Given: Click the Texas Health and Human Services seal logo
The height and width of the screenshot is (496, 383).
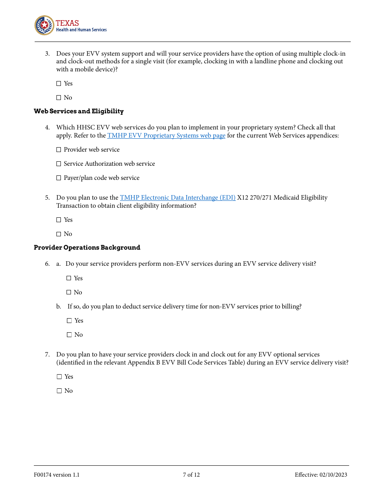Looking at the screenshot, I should (x=44, y=25).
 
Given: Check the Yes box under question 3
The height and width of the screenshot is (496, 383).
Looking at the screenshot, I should (x=59, y=83).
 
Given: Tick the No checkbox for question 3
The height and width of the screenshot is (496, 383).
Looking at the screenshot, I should (x=59, y=98).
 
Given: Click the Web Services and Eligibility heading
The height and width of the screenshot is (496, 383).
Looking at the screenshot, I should (x=79, y=111).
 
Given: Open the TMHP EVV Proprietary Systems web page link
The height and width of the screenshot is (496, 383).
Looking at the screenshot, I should (x=166, y=135).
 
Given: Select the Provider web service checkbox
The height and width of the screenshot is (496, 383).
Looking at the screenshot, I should (x=59, y=150).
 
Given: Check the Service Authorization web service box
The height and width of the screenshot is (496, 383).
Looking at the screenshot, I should (x=59, y=164).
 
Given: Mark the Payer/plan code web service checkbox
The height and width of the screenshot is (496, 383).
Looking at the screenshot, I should (x=59, y=178).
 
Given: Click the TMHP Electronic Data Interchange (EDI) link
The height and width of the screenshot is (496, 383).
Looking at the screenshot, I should (x=177, y=198).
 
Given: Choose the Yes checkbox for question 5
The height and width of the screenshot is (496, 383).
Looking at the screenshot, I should (x=59, y=220).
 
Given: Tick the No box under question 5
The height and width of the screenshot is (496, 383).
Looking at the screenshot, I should (x=59, y=234).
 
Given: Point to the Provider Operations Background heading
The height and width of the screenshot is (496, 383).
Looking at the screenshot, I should (x=87, y=248).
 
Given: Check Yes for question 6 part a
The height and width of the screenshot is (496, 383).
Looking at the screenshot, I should (x=69, y=278).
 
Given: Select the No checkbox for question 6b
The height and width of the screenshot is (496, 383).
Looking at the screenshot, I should (x=69, y=335).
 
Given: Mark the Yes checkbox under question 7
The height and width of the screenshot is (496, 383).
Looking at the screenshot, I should (x=59, y=377).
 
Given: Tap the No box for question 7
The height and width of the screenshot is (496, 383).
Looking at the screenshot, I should (x=59, y=391).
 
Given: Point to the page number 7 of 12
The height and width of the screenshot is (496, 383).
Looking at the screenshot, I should (x=191, y=475).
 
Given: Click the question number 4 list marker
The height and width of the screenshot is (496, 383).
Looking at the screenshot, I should (x=47, y=127).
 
